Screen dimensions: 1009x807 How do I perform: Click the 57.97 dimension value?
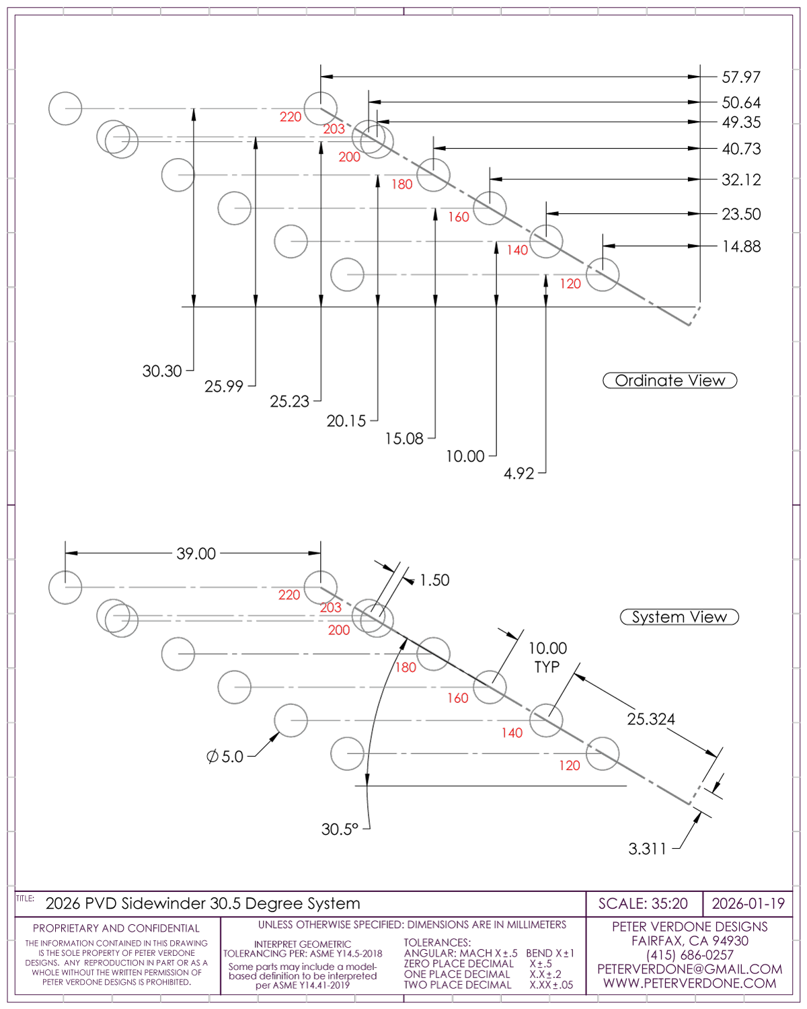coord(741,77)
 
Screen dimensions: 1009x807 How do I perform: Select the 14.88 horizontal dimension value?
coord(741,247)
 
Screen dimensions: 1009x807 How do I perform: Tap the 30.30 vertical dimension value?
coord(162,371)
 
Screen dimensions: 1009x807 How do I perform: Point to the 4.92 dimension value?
coord(518,474)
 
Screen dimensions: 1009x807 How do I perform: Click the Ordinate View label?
coord(670,381)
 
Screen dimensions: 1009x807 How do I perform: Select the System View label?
coord(679,618)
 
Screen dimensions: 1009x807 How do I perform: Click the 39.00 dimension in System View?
coord(196,554)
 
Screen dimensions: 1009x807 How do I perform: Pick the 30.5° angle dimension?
coord(340,829)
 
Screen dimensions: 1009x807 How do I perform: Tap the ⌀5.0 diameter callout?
coord(225,757)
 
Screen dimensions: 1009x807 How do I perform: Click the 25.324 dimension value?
coord(650,719)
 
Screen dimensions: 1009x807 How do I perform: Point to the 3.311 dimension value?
coord(647,849)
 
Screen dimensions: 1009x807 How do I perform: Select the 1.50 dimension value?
coord(434,581)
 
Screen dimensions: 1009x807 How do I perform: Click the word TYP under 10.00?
coord(547,667)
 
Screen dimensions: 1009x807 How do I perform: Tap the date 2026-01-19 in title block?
coord(748,903)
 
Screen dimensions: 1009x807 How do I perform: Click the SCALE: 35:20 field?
coord(643,903)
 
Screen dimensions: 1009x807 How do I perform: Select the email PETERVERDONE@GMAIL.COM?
coord(689,969)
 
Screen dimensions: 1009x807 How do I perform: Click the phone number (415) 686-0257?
coord(689,955)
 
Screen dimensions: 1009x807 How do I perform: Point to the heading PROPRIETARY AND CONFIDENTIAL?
coord(116,928)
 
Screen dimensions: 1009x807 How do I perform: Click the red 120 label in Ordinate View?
coord(570,284)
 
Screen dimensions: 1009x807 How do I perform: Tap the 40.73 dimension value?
coord(741,149)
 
